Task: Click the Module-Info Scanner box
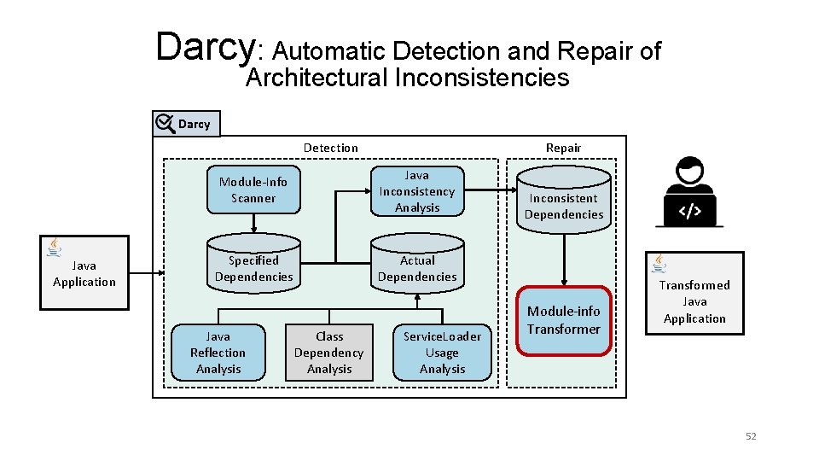coord(253,190)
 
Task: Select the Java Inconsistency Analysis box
coord(417,191)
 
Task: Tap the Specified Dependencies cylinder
coord(253,268)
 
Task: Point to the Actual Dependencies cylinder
coord(417,268)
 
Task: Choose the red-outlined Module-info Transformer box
coord(563,320)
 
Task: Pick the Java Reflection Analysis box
coord(218,353)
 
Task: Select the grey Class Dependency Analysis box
coord(328,353)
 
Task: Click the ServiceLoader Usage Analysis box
coord(442,353)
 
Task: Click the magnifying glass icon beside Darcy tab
coord(165,124)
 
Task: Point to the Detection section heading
coord(331,148)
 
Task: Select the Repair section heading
coord(563,148)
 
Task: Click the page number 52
coord(751,436)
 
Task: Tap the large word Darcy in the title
coord(205,47)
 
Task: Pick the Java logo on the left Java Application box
coord(55,248)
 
